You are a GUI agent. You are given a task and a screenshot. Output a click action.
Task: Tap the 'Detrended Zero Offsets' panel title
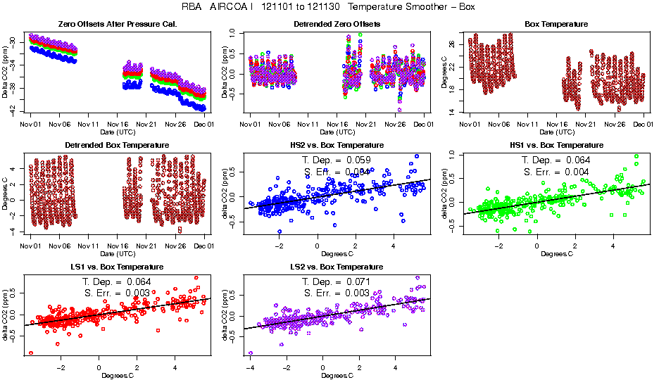pos(337,24)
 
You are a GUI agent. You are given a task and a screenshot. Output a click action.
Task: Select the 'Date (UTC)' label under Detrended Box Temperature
pos(117,253)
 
